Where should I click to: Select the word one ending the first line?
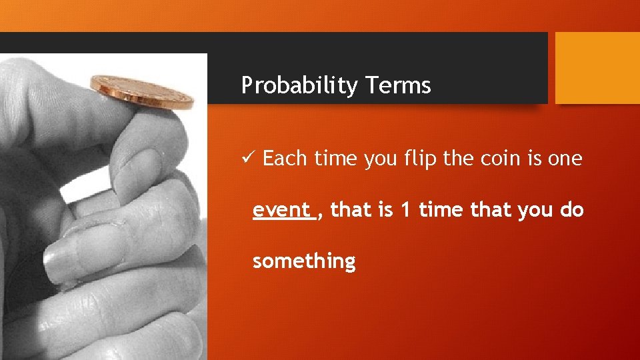tap(565, 159)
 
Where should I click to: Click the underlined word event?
tap(281, 210)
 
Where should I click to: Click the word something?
tap(304, 261)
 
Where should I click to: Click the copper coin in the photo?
tap(141, 91)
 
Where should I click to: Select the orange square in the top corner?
tap(597, 68)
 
